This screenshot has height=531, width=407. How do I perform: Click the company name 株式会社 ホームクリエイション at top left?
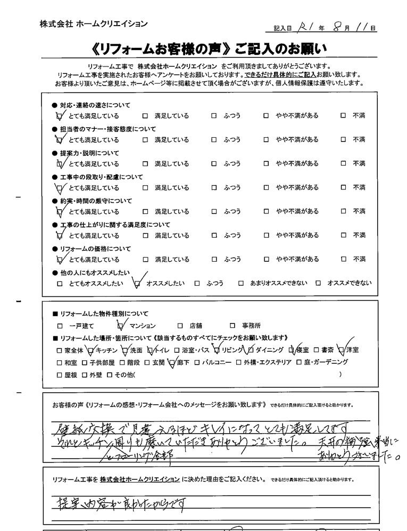[94, 24]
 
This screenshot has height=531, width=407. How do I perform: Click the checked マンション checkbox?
[120, 325]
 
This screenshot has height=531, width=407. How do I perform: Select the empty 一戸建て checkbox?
[60, 326]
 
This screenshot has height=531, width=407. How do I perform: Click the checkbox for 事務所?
[232, 326]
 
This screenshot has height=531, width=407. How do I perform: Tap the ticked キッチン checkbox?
[91, 350]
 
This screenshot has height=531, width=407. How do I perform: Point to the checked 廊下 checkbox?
[171, 363]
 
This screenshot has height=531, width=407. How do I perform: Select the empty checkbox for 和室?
[60, 363]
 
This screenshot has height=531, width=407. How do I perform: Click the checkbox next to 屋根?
[60, 375]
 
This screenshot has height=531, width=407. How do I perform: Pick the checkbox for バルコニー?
[197, 363]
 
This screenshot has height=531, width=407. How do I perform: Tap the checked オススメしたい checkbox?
[138, 284]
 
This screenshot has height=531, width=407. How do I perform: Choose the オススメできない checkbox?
[319, 284]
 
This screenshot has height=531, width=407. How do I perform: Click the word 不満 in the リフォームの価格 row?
[359, 260]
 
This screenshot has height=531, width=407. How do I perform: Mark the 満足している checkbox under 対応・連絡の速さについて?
[145, 115]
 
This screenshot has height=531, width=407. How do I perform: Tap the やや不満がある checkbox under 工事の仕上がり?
[267, 236]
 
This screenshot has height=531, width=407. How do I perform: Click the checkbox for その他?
[110, 375]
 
